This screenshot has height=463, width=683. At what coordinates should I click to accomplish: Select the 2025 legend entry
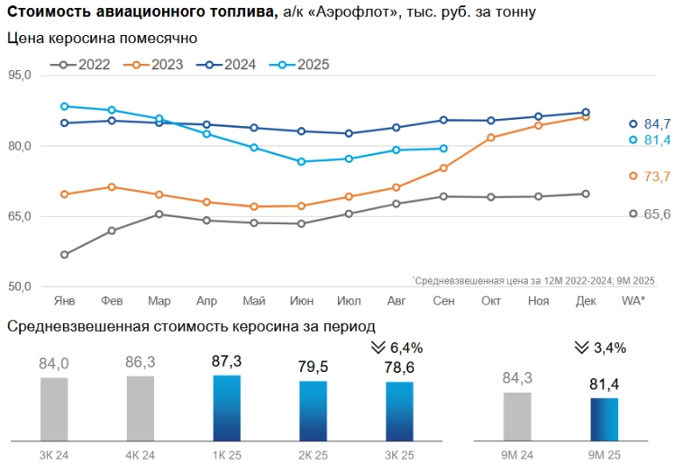click(x=303, y=64)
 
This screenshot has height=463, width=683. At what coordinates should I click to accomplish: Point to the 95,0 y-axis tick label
click(x=19, y=76)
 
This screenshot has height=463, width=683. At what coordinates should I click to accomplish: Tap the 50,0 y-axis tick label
click(x=19, y=286)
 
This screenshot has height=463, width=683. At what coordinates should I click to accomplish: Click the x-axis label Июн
click(x=301, y=301)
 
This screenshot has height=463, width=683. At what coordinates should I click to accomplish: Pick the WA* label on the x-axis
click(x=633, y=301)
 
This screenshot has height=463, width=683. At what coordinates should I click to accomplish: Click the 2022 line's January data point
click(x=65, y=255)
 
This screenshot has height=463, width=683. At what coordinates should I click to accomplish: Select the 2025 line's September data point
click(x=443, y=149)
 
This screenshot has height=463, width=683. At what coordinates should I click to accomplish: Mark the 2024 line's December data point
click(x=586, y=113)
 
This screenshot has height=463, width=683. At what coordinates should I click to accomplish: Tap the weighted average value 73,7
click(x=657, y=177)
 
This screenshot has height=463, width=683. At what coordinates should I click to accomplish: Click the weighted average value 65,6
click(x=657, y=214)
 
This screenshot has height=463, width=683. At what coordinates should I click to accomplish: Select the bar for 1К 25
click(x=227, y=408)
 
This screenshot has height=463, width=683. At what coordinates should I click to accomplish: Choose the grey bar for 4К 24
click(x=141, y=408)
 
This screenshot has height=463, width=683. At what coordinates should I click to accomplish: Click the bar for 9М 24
click(x=517, y=416)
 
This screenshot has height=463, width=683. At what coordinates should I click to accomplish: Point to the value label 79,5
click(x=314, y=367)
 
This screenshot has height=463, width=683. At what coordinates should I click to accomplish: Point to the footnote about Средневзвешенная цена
click(x=533, y=280)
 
